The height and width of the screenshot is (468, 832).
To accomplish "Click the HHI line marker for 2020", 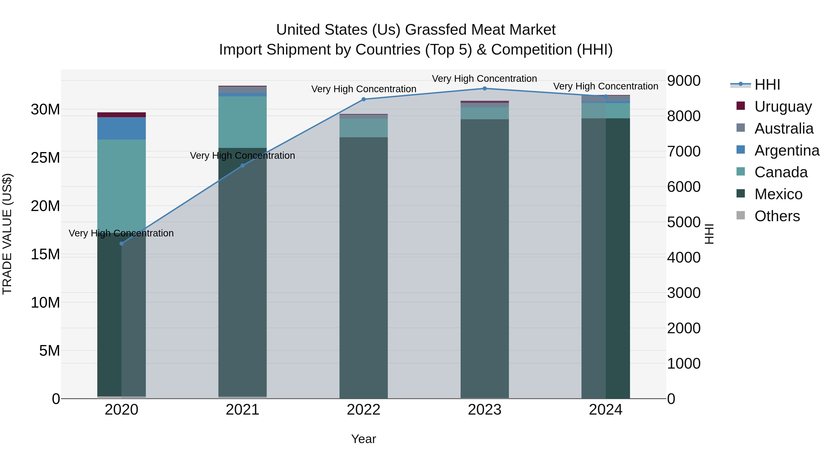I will (121, 244).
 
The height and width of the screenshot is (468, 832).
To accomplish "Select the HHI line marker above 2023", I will (484, 89).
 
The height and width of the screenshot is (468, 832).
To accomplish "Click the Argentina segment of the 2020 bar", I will (121, 128).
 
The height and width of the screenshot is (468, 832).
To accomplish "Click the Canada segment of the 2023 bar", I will (484, 113).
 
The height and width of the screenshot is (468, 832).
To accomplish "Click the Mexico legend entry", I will (778, 194).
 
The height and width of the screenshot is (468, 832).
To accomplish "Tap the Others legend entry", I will (777, 216).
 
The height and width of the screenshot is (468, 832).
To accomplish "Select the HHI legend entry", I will (767, 85).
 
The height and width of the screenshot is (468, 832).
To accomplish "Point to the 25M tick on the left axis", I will (45, 158).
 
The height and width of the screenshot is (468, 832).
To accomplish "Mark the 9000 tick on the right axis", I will (684, 81).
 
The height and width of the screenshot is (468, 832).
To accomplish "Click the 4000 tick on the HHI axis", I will (684, 257).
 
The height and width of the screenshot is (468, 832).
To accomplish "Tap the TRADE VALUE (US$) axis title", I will (7, 234).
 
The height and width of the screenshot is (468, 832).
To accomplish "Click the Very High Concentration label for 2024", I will (606, 86).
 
